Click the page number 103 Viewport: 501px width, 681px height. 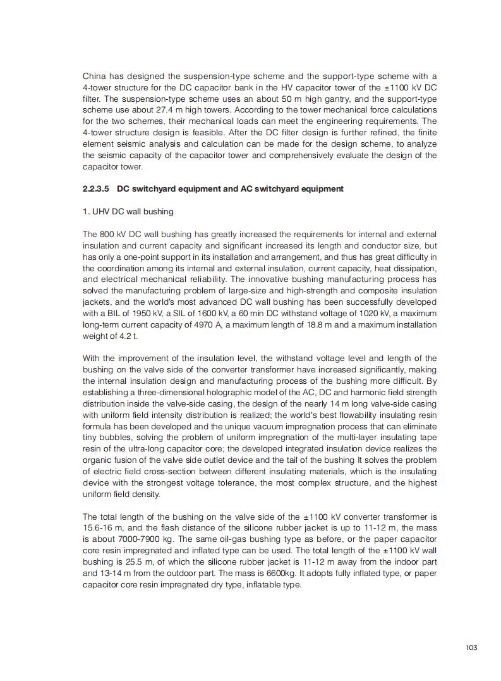tap(471, 647)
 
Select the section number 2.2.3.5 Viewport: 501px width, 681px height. tap(96, 188)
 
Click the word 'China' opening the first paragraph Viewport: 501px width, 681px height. tap(94, 77)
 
